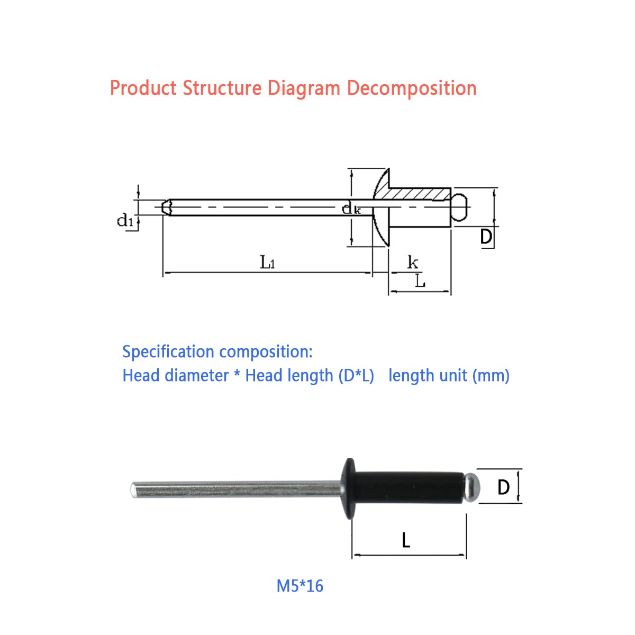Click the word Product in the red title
click(143, 88)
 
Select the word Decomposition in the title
click(412, 89)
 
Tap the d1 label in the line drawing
click(125, 220)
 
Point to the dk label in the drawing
click(351, 208)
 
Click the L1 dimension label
click(267, 262)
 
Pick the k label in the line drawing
click(413, 262)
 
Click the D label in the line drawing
click(486, 237)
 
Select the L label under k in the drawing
click(420, 281)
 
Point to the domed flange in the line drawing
click(382, 207)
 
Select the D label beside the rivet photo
click(503, 487)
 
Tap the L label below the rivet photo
click(406, 541)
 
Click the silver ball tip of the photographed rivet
click(472, 488)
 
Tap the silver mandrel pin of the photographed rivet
click(235, 489)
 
